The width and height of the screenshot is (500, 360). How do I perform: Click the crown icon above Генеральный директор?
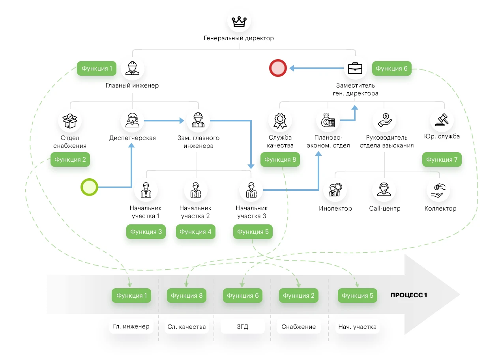[239, 21]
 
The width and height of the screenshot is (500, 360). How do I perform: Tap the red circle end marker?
[277, 68]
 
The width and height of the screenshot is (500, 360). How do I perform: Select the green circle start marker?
[89, 187]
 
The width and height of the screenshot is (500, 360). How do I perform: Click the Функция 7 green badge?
[442, 160]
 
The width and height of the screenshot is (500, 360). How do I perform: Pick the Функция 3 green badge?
[146, 232]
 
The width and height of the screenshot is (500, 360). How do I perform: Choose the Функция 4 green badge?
[195, 232]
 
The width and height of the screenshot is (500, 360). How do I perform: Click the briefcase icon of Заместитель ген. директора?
[355, 68]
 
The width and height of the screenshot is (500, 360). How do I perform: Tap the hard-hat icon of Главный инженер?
[132, 68]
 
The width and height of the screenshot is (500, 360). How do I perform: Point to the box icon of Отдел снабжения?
[70, 120]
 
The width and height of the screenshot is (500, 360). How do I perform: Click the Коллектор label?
[440, 209]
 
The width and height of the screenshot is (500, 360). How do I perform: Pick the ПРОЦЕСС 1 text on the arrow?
[409, 295]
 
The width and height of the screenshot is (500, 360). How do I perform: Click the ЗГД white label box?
[243, 326]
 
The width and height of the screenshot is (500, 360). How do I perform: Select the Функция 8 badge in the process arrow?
[187, 296]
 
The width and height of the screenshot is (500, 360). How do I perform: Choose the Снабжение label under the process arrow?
[298, 326]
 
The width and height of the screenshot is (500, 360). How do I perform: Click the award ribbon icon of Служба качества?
[280, 120]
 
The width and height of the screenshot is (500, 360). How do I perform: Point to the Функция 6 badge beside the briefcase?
[391, 69]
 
